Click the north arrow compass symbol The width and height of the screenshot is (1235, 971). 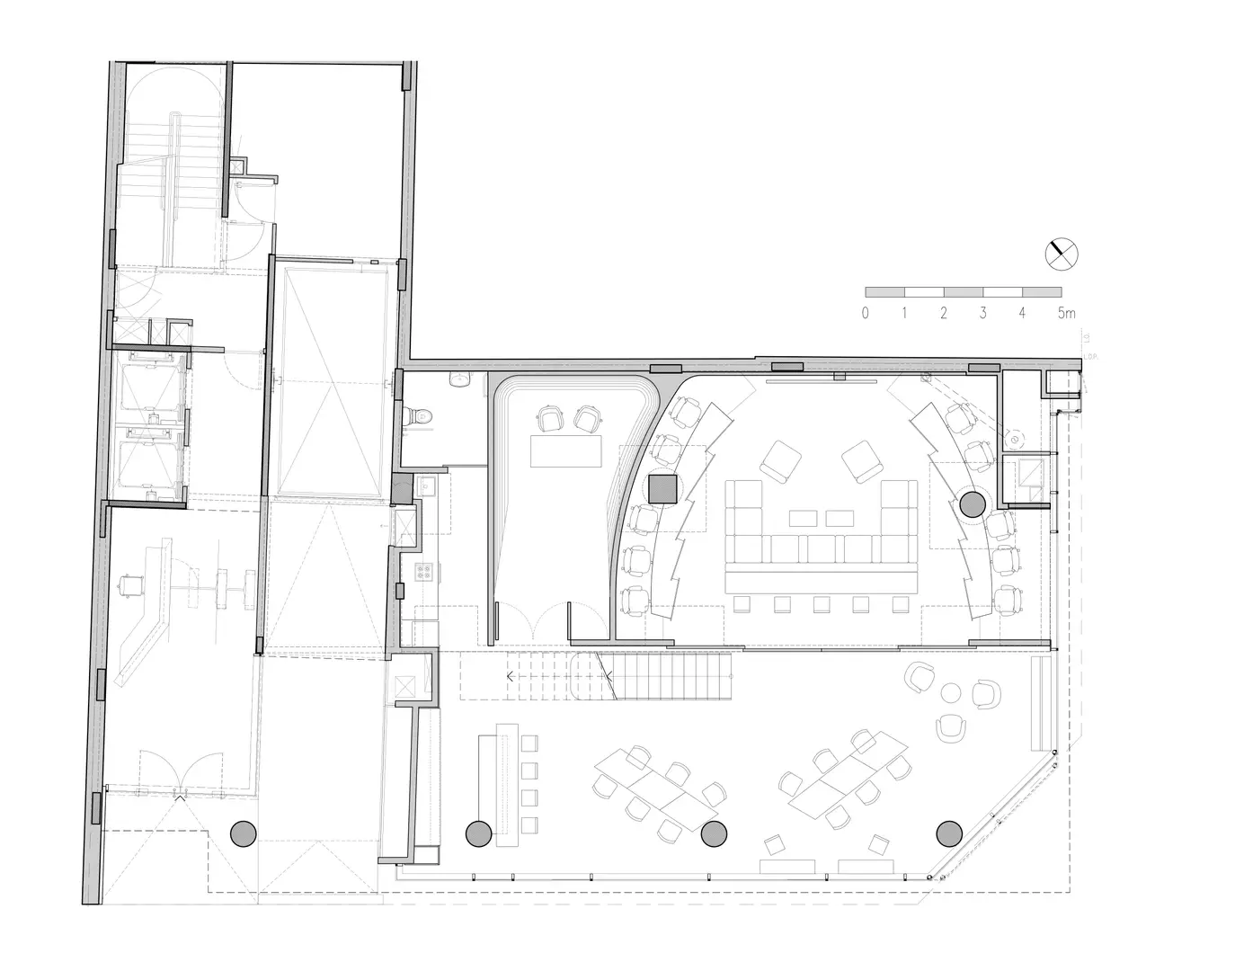[x=1061, y=254]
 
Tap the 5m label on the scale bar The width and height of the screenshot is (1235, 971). [x=1066, y=314]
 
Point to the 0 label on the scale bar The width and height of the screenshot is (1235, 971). [x=865, y=314]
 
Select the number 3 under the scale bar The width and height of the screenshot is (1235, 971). [x=983, y=314]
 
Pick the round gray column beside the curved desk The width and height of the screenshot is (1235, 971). [x=972, y=504]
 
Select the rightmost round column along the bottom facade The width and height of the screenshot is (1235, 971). [x=949, y=834]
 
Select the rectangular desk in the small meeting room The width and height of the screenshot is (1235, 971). [x=566, y=450]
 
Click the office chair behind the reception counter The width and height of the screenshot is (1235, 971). [x=133, y=584]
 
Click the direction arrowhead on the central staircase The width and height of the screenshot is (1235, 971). [x=511, y=675]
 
